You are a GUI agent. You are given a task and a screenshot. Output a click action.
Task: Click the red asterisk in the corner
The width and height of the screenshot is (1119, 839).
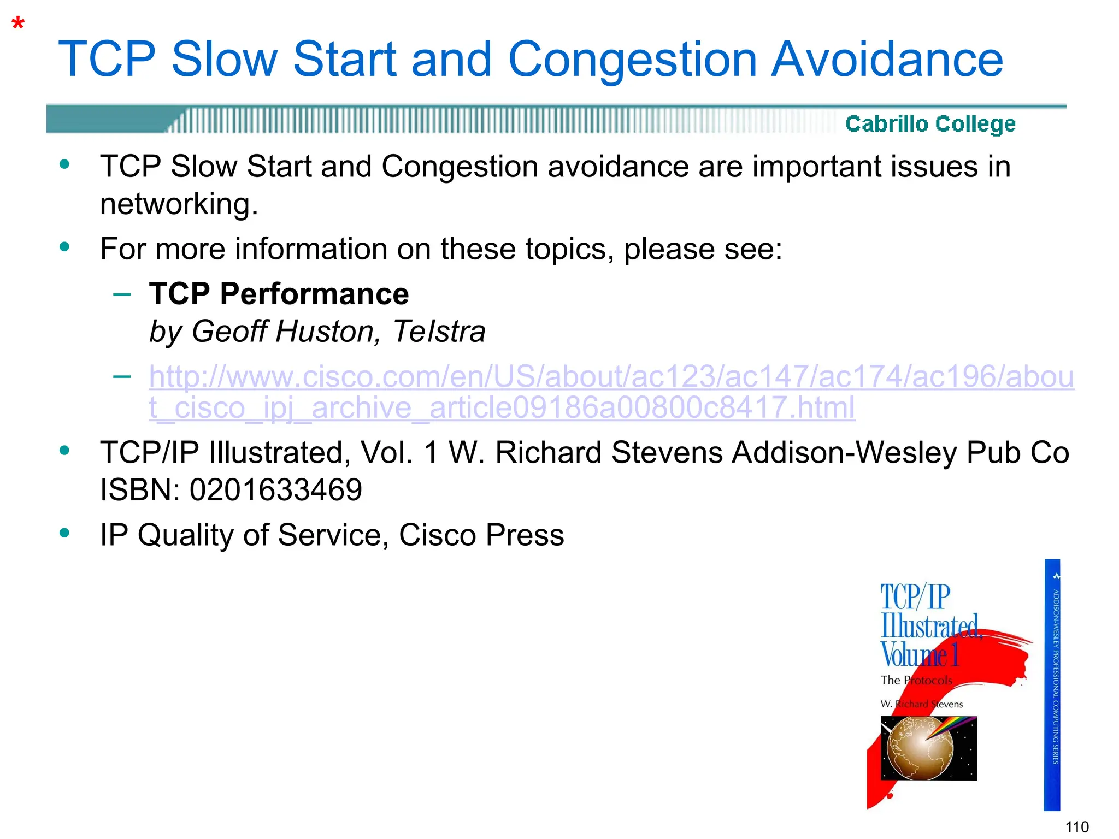(18, 25)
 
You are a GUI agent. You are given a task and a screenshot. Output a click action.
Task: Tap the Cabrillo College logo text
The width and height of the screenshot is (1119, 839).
(930, 124)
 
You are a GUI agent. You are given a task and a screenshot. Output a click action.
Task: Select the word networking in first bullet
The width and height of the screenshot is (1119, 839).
(179, 204)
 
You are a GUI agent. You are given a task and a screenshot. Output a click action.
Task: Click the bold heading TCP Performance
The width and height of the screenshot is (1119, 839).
(279, 294)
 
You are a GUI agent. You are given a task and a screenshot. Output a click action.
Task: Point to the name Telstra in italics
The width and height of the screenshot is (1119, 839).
(439, 332)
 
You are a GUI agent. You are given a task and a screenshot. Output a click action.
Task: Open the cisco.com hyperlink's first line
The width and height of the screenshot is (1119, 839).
(611, 377)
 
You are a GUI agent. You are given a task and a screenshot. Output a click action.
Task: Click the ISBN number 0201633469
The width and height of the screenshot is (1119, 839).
(275, 489)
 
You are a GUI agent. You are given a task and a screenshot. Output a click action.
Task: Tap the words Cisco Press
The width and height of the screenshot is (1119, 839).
(481, 535)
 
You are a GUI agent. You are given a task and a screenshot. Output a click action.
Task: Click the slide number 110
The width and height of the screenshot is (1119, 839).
(1077, 826)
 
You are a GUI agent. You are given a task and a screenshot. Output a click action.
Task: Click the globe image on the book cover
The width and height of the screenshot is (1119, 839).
(920, 748)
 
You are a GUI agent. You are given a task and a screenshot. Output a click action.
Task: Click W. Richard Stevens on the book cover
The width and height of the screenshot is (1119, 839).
(921, 704)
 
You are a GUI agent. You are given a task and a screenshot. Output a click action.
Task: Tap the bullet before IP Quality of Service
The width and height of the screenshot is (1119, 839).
(64, 533)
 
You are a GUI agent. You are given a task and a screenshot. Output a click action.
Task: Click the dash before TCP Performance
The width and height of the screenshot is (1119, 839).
(122, 294)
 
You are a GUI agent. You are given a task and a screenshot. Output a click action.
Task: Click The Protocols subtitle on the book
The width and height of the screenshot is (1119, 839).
(916, 680)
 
